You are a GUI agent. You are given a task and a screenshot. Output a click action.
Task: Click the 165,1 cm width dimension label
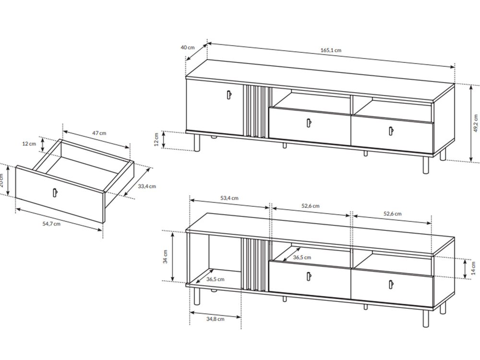[x=331, y=50]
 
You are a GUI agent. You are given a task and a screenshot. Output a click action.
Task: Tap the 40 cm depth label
[x=188, y=48]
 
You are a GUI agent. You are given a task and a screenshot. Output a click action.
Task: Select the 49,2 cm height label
[x=475, y=123]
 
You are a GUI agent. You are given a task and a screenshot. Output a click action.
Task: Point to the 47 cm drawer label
[x=99, y=133]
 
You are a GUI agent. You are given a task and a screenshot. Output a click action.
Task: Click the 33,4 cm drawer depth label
[x=146, y=186]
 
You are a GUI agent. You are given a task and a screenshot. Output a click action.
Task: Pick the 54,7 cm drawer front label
[x=51, y=224]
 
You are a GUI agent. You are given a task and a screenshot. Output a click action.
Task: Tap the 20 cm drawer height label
[x=1, y=180]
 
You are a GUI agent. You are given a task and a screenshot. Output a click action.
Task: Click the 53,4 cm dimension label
[x=229, y=198]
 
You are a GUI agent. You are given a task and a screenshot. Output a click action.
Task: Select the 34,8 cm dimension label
[x=215, y=319]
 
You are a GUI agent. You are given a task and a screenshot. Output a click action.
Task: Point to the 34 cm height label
[x=165, y=256]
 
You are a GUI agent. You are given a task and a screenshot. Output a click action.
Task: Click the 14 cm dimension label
[x=474, y=268]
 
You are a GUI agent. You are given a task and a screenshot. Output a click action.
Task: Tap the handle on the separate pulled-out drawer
[x=55, y=192]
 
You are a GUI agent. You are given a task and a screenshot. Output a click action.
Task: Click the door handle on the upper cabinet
[x=229, y=95]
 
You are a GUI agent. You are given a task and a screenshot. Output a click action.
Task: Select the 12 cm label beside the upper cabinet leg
[x=156, y=139]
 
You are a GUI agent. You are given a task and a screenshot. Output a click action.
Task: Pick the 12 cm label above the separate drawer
[x=29, y=144]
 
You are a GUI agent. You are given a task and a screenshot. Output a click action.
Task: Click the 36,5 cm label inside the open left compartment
[x=215, y=279]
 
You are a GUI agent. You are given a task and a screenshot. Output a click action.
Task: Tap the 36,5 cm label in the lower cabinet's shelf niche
[x=302, y=257]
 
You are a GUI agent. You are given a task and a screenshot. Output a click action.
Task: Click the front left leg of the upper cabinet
[x=197, y=143]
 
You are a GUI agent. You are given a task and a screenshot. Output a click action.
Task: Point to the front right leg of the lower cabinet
[x=425, y=318]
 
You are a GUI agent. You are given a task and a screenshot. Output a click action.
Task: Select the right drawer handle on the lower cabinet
[x=391, y=284]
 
